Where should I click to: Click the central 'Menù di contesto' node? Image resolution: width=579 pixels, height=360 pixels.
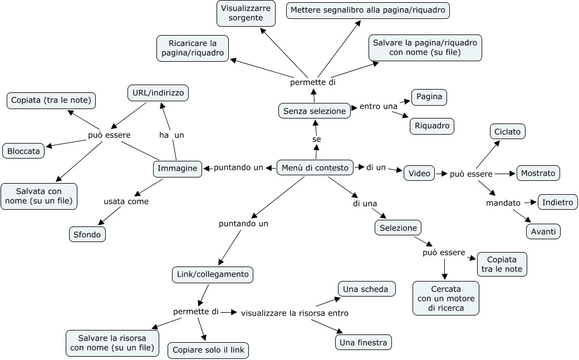click(x=315, y=167)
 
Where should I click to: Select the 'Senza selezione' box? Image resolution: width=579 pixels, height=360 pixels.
click(x=315, y=111)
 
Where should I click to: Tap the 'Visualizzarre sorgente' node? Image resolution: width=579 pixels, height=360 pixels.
click(x=246, y=13)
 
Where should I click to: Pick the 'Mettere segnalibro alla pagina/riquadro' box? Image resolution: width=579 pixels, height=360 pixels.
click(x=367, y=11)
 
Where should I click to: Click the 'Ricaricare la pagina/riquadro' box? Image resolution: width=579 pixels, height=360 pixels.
click(x=193, y=48)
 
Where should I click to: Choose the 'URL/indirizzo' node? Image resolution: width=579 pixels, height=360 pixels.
click(x=158, y=93)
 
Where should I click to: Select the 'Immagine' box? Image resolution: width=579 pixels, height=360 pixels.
click(x=178, y=169)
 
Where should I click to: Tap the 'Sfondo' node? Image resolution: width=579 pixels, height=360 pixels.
click(x=87, y=234)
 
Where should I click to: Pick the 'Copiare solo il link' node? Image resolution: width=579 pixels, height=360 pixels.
click(x=208, y=350)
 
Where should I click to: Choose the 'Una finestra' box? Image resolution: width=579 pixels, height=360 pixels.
click(x=364, y=342)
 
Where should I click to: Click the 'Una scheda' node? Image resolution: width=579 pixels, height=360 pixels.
click(x=366, y=289)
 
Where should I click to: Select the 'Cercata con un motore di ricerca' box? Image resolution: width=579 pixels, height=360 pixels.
click(x=445, y=298)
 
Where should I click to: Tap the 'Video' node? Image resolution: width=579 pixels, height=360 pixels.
click(x=419, y=173)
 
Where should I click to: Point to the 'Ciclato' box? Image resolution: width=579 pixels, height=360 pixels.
click(x=507, y=132)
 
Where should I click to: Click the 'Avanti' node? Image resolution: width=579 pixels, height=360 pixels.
click(x=543, y=231)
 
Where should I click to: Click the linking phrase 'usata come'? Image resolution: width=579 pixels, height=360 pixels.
click(x=126, y=201)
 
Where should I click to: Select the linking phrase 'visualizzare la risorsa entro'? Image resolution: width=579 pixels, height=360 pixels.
click(x=295, y=313)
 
